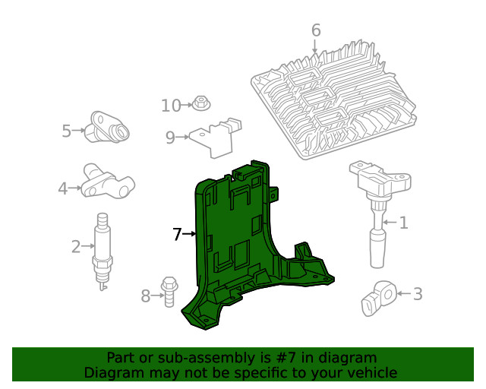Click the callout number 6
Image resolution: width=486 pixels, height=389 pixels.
point(316,30)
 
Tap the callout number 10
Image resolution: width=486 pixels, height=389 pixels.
point(171,106)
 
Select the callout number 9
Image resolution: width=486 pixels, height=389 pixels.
point(170,137)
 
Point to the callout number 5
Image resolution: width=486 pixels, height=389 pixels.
point(66,131)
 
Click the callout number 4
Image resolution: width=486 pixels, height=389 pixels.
point(62,187)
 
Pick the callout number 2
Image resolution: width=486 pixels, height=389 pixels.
point(76,246)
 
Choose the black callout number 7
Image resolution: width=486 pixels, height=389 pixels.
point(177,235)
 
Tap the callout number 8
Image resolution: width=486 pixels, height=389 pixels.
point(146,296)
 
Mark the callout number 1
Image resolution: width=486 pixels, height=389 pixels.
point(404,223)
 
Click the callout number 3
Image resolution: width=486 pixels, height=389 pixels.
point(418,293)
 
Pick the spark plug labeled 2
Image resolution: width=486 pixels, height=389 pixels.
point(103,251)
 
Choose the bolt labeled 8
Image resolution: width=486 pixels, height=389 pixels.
point(169,291)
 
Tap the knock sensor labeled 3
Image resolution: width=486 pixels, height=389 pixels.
point(377,298)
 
